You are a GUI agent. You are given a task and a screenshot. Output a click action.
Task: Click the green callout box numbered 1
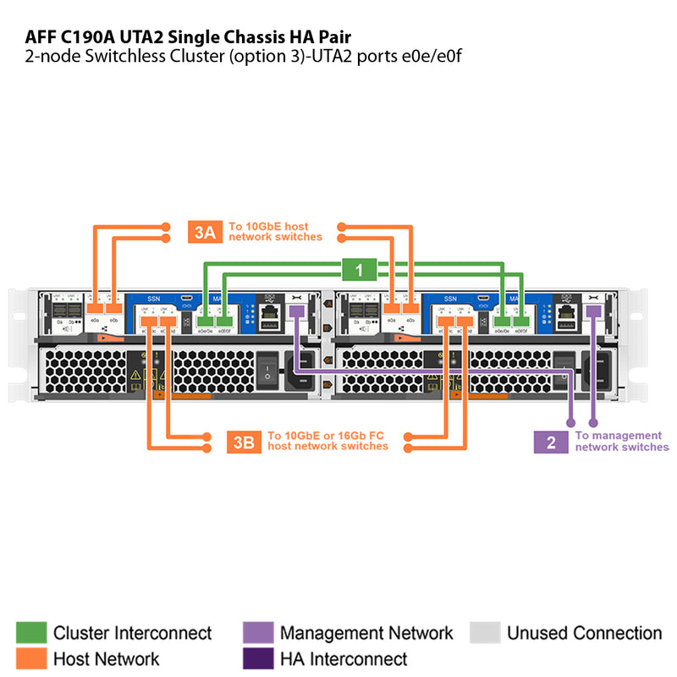point(360,270)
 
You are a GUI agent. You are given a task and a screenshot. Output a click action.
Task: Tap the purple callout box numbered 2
point(551,442)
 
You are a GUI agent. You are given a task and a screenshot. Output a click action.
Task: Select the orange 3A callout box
point(205,232)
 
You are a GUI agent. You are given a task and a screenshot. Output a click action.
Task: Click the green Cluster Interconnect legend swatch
point(31,633)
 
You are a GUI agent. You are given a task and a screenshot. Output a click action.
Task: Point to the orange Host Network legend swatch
point(31,658)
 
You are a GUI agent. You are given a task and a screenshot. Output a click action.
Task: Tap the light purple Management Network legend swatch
point(257,633)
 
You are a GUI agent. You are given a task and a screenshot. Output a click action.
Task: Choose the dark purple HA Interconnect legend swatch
point(257,658)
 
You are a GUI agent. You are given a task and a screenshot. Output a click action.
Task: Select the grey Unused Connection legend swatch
point(484,633)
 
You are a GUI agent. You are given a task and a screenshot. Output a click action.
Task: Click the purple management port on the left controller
point(297,312)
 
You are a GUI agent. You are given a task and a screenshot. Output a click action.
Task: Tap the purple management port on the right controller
point(593,312)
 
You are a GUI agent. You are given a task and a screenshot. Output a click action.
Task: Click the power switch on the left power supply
point(267,366)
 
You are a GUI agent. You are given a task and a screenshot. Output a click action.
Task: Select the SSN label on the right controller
point(449,299)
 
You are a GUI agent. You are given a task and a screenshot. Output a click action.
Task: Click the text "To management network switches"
point(621,441)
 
